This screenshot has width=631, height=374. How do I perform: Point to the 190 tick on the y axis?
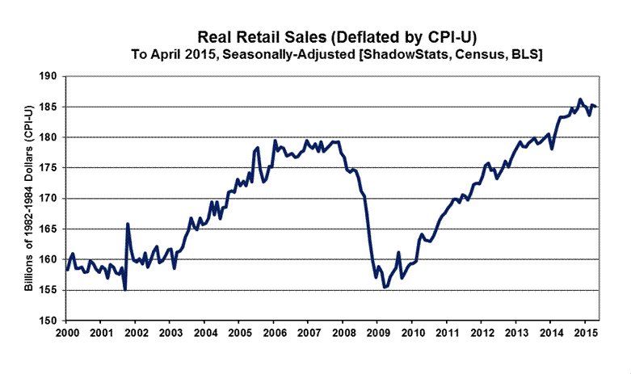click(x=51, y=76)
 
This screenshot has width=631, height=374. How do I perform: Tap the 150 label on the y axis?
click(x=51, y=320)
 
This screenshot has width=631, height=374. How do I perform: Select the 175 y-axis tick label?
click(x=51, y=168)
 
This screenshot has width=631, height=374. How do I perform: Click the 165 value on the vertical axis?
click(x=51, y=229)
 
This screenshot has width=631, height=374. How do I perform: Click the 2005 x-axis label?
click(x=240, y=333)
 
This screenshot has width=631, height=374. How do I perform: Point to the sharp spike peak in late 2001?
click(x=128, y=224)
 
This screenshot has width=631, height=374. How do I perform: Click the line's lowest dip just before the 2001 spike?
click(x=125, y=288)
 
